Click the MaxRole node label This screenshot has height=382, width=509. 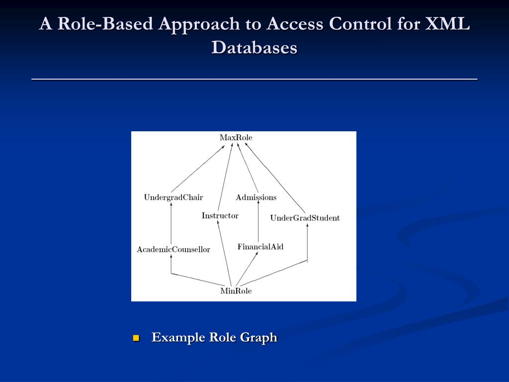(236, 137)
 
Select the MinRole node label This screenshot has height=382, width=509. (236, 291)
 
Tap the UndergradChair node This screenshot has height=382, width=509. (173, 197)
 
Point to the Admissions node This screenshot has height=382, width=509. (256, 197)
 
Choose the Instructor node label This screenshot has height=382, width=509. (220, 216)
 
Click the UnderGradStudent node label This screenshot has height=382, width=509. (305, 218)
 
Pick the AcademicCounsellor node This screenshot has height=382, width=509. (173, 249)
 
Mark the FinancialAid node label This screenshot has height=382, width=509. (260, 247)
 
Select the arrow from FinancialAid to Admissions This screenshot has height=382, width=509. (258, 221)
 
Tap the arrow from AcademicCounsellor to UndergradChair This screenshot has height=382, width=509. (171, 224)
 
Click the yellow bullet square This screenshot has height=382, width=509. (136, 338)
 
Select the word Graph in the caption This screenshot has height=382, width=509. (258, 337)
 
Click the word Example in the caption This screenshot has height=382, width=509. (178, 337)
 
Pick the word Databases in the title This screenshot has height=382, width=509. (254, 48)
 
